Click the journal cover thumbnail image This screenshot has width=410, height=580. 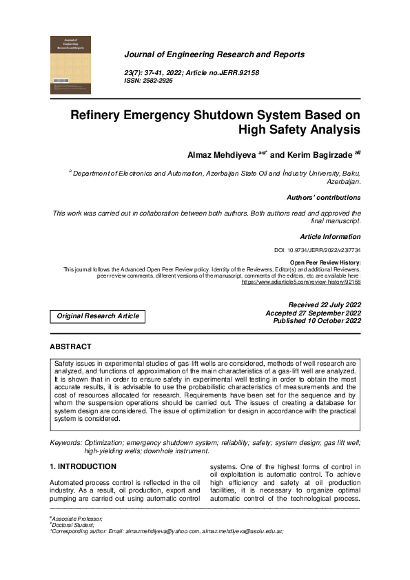coord(70,65)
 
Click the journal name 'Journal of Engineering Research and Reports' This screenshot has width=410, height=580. coord(214,54)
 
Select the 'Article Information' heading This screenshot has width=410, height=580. coord(330,236)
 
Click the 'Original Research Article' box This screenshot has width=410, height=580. coord(98,316)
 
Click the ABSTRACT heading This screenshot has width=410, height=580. coord(70,346)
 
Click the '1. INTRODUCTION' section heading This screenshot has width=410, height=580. coord(82,466)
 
